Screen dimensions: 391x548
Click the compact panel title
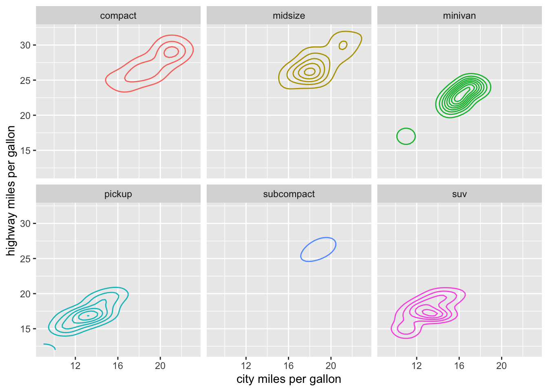(x=118, y=16)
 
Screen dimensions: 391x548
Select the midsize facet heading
(x=289, y=16)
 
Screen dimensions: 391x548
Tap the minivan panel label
(x=459, y=16)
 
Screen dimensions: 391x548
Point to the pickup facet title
(x=118, y=194)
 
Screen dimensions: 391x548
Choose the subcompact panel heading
(x=289, y=194)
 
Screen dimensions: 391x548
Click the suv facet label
(x=459, y=194)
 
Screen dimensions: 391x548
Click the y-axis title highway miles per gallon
(x=11, y=191)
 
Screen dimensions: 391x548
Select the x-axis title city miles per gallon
(x=289, y=379)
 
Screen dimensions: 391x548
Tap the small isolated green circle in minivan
(x=406, y=136)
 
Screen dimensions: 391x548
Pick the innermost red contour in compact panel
(x=171, y=52)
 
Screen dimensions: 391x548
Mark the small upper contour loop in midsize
(x=343, y=45)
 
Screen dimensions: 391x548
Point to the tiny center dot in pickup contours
(x=88, y=316)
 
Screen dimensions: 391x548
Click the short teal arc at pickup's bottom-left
(x=50, y=346)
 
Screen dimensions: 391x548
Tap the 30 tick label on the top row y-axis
(x=25, y=45)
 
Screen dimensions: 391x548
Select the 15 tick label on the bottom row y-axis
(x=25, y=329)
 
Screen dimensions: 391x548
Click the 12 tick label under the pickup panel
(x=75, y=366)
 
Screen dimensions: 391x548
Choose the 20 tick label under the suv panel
(x=502, y=366)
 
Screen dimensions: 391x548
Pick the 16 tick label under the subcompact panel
(x=288, y=366)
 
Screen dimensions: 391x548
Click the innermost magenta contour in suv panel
(x=429, y=312)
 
